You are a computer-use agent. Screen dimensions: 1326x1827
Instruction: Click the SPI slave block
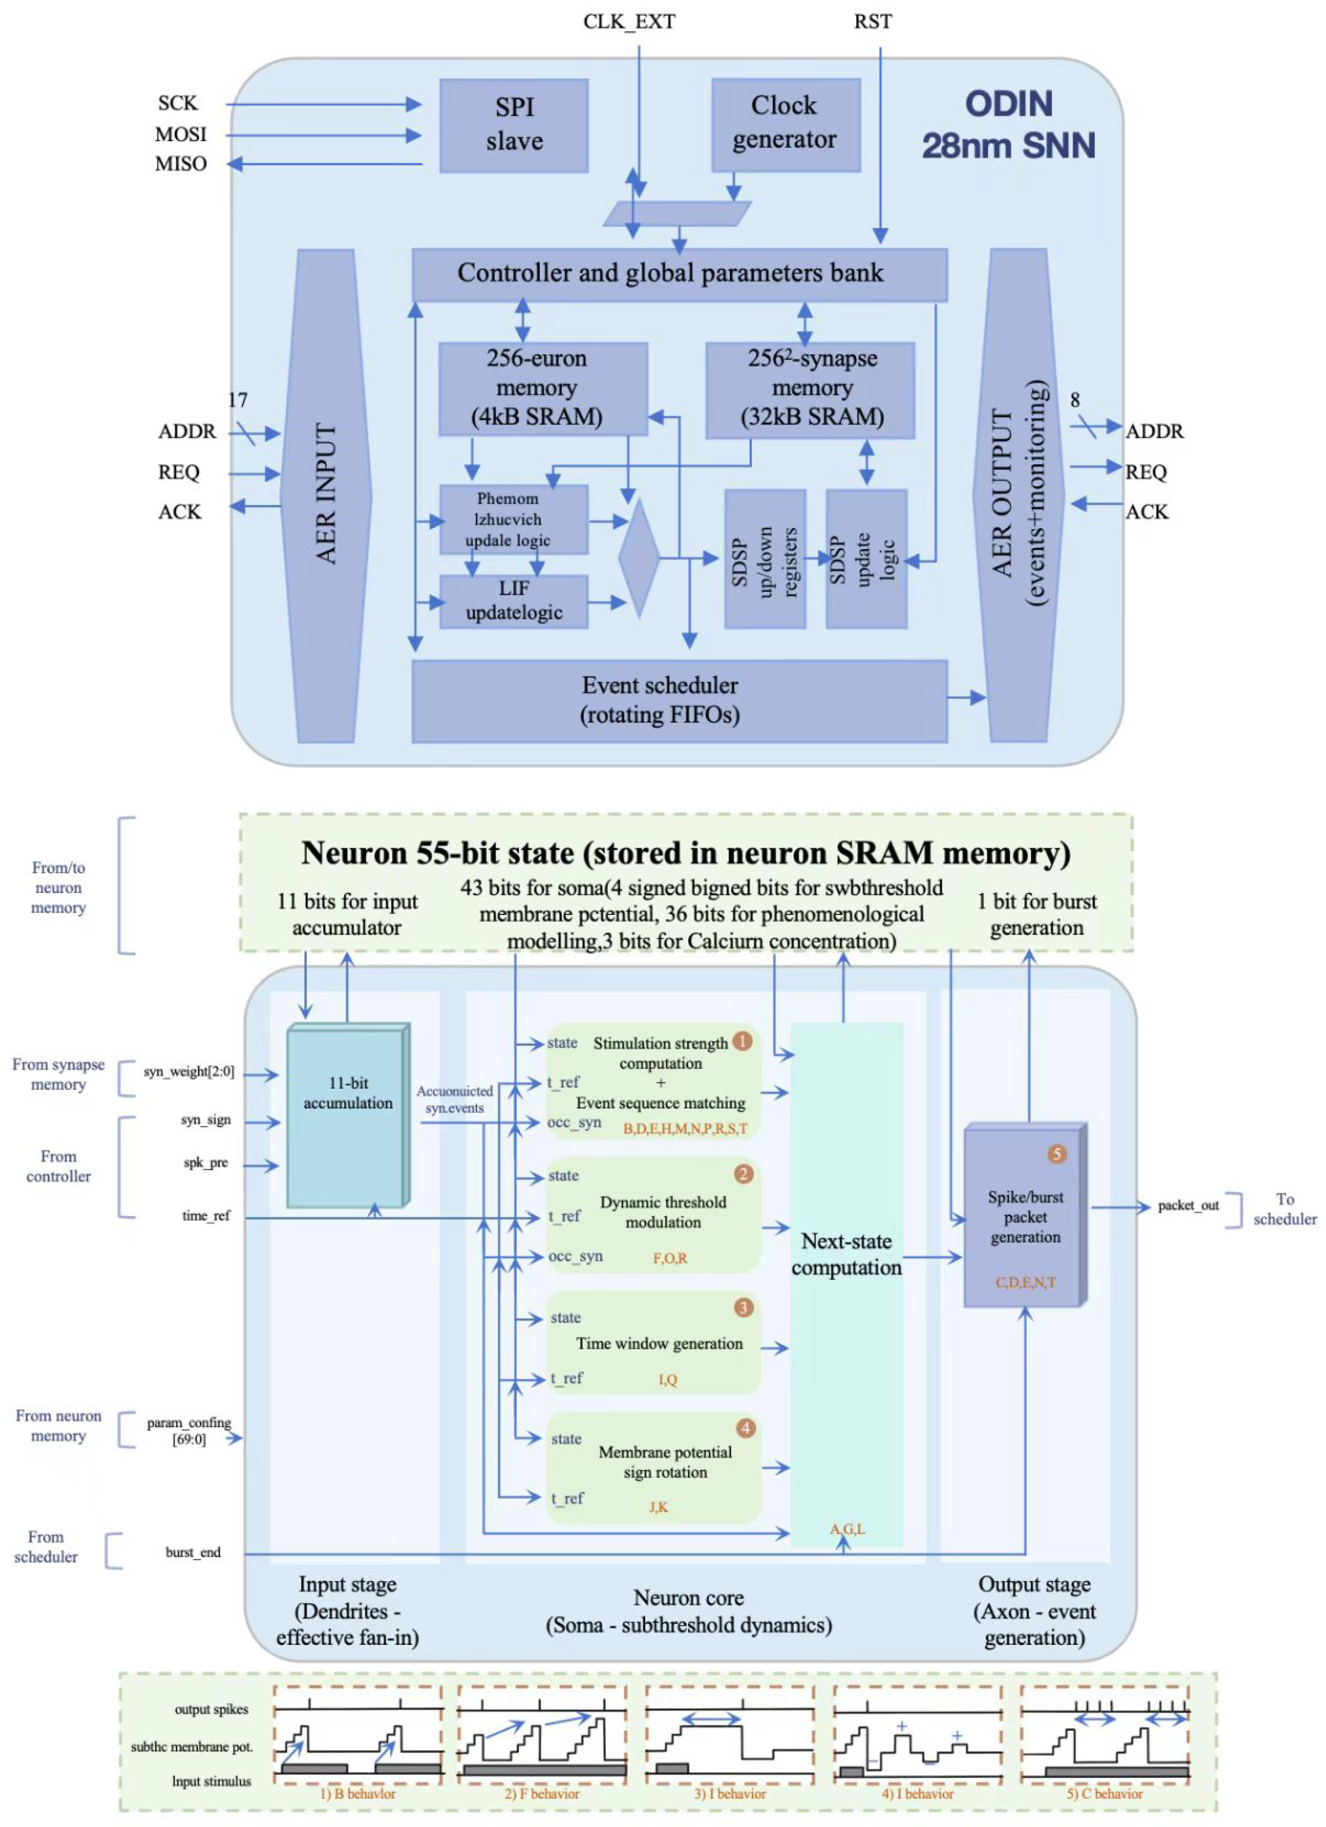pos(514,126)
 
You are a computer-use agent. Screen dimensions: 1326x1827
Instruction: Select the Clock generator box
pos(786,125)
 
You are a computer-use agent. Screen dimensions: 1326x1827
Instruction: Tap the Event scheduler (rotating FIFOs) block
pos(679,701)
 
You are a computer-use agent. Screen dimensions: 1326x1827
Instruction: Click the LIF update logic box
pos(513,601)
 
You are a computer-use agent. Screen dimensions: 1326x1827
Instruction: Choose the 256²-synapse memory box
pos(810,391)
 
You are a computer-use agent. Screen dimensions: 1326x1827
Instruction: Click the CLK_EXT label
pos(629,21)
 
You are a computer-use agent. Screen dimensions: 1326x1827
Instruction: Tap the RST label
pos(873,21)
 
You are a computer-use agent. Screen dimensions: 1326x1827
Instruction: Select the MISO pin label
pos(182,164)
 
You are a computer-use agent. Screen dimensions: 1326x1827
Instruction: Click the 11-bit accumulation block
pos(348,1115)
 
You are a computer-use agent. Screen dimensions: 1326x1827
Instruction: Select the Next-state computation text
pos(846,1254)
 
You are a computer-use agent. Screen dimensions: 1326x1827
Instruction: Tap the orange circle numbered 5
pos(1057,1154)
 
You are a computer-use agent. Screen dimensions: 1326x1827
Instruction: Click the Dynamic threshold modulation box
pos(653,1216)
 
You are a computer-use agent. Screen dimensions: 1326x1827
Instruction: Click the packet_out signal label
pos(1188,1206)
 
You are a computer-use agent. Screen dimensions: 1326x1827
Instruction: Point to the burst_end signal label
pos(193,1552)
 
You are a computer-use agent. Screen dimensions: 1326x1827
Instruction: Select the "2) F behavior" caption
pos(542,1794)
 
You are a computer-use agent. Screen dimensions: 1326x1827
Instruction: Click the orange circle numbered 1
pos(742,1041)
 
